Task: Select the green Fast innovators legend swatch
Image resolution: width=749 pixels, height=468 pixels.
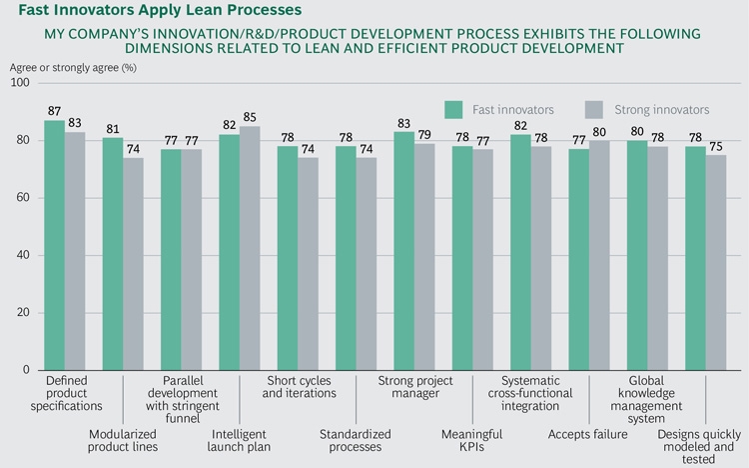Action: pyautogui.click(x=454, y=109)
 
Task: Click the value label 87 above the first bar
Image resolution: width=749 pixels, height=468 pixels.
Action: pyautogui.click(x=54, y=110)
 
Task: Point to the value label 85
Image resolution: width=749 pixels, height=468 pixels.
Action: pyautogui.click(x=249, y=116)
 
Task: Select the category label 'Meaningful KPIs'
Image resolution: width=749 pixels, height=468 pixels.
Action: pyautogui.click(x=471, y=440)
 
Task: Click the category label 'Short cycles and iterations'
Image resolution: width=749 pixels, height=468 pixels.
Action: pyautogui.click(x=300, y=386)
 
